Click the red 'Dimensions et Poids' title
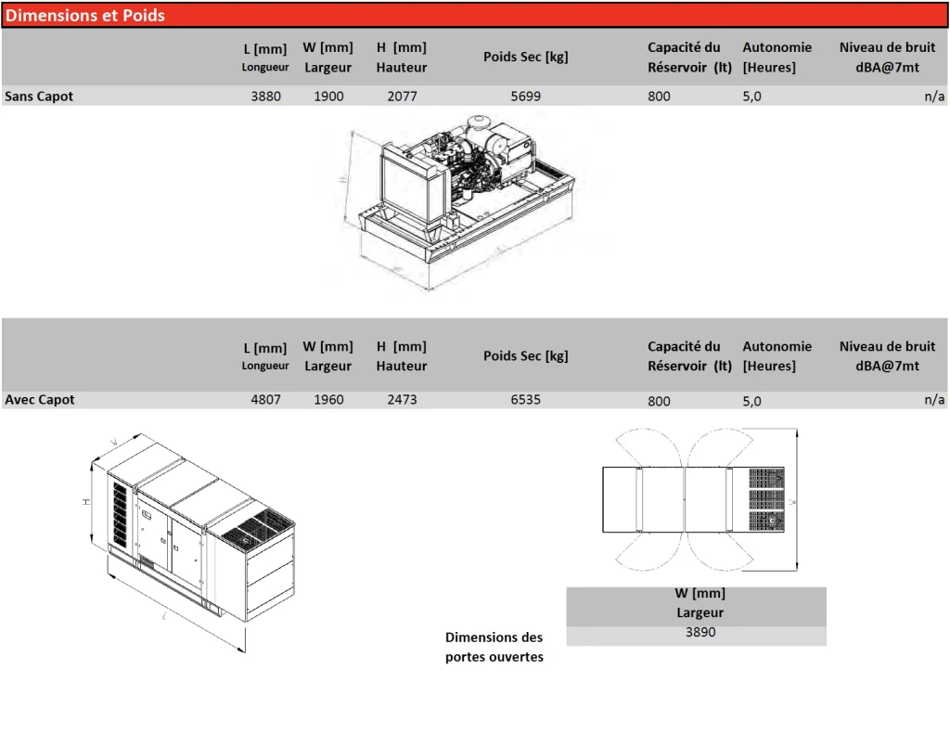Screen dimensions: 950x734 click(84, 15)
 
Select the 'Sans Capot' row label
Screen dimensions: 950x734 click(39, 97)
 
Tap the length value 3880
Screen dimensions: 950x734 click(266, 97)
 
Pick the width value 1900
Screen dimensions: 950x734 click(328, 97)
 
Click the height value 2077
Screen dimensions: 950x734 click(403, 97)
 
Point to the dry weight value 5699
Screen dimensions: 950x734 click(525, 97)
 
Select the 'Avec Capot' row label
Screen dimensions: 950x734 click(39, 400)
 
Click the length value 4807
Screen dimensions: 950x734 click(266, 400)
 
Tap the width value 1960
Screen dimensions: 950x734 click(328, 400)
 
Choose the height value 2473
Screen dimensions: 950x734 click(403, 400)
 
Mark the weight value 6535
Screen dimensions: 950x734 click(525, 400)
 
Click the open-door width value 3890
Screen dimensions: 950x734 click(700, 632)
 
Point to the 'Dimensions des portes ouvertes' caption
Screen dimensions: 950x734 click(494, 647)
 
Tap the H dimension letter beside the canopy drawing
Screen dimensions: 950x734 click(86, 502)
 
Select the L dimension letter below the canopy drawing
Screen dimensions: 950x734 click(164, 616)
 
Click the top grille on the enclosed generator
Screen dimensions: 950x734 click(257, 527)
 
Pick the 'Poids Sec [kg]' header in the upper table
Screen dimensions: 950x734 click(525, 57)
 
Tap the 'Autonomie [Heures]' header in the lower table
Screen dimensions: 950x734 click(777, 355)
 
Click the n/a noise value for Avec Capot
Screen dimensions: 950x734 click(934, 400)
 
